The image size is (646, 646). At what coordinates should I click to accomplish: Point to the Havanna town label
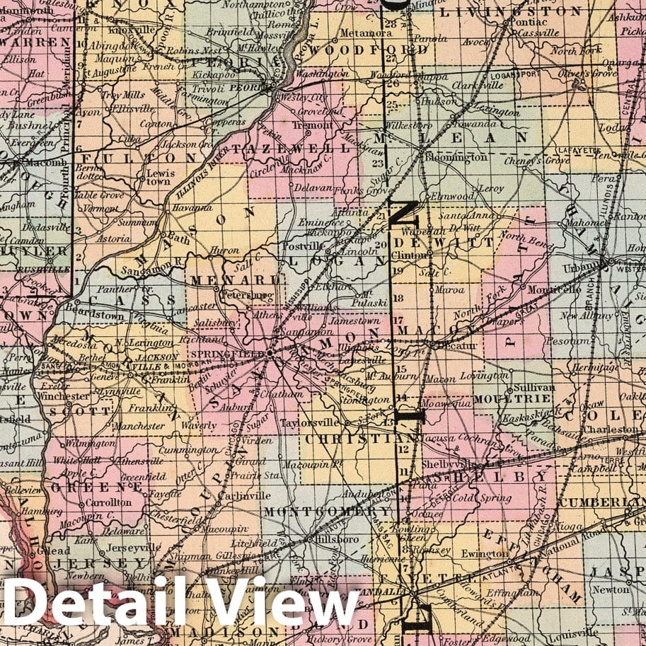192,207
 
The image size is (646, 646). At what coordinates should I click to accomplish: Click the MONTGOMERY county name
326,511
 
